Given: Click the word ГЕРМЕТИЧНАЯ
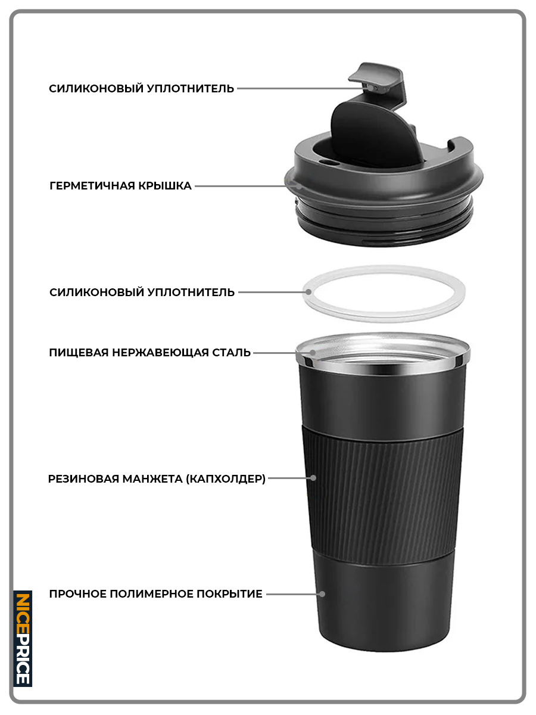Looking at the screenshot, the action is (x=92, y=186).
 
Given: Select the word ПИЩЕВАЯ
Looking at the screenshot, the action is (x=79, y=353).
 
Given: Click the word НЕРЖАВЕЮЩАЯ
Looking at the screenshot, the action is (x=160, y=353).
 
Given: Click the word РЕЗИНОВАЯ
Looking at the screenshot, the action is (x=83, y=478).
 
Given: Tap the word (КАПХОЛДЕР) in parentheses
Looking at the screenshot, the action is (x=226, y=478).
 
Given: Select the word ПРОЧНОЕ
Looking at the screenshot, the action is (x=78, y=594).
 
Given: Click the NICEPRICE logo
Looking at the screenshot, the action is (x=23, y=639).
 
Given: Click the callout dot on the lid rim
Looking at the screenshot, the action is (x=299, y=186).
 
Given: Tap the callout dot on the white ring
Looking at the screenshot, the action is (x=308, y=292).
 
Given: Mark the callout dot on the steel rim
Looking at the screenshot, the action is (x=313, y=353).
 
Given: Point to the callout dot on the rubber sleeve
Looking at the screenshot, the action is (x=313, y=478).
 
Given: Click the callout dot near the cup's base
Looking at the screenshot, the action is (x=322, y=594).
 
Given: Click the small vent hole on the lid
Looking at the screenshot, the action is (x=326, y=161).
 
